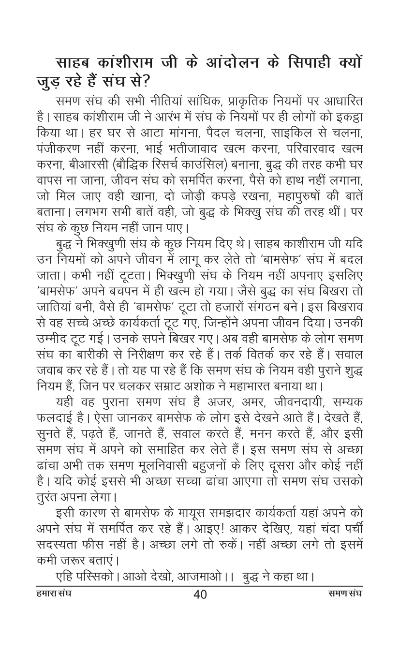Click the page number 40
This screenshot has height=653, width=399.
200,594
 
